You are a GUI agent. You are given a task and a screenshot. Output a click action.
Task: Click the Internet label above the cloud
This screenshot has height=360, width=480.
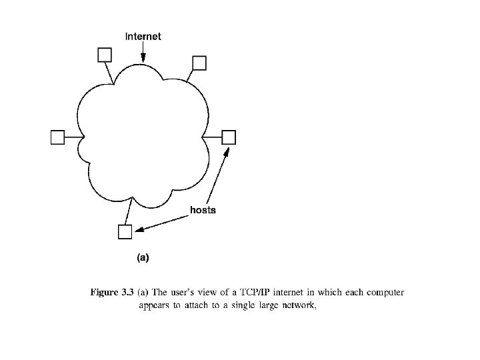click(143, 36)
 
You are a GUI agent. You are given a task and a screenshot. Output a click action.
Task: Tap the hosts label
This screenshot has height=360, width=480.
click(203, 210)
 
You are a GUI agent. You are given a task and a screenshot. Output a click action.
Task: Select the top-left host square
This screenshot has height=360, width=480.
click(104, 54)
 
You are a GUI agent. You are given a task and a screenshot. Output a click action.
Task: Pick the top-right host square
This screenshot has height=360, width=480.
click(199, 62)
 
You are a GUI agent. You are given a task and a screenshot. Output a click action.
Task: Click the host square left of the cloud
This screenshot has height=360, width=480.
click(58, 137)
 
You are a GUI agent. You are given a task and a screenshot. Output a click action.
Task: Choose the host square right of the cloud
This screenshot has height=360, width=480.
click(229, 137)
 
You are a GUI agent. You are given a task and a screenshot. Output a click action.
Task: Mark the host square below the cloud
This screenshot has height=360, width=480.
click(125, 231)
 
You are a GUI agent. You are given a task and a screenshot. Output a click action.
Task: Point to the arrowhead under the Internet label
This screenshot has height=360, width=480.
click(143, 63)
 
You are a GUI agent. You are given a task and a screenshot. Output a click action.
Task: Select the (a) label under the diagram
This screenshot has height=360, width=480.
click(143, 256)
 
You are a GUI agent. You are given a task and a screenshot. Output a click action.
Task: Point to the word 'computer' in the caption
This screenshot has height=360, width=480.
click(385, 292)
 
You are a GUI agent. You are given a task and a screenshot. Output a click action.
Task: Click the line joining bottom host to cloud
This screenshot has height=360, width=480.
click(128, 213)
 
